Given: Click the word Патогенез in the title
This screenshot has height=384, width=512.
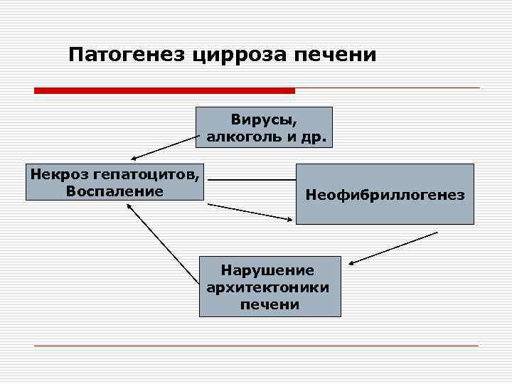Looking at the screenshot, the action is [x=127, y=55].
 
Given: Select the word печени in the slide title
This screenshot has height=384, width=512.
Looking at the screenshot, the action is [x=335, y=55].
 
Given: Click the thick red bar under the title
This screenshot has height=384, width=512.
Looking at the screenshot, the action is [x=164, y=90].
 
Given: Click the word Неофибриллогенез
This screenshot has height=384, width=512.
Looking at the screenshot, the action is [x=385, y=194].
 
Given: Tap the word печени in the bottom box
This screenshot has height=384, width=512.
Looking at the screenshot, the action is [x=269, y=304].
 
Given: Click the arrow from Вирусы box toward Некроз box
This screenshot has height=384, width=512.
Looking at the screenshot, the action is [x=164, y=148].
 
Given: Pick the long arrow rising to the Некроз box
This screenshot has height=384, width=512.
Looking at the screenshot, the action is [x=164, y=242].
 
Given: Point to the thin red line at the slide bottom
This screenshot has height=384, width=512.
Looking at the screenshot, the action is [x=256, y=346].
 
